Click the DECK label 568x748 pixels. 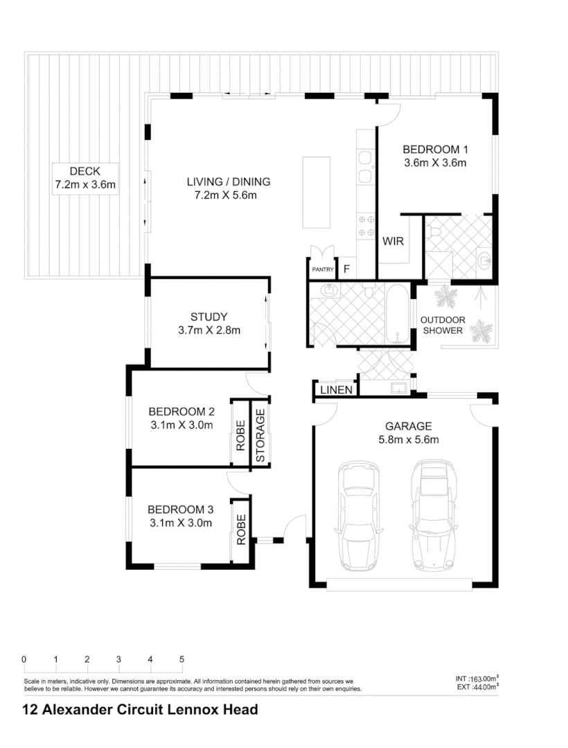[x=85, y=172]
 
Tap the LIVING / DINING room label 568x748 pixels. [x=228, y=182]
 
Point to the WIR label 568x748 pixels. [x=393, y=242]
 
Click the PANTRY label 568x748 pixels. [x=323, y=269]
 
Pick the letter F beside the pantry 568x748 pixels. [x=347, y=269]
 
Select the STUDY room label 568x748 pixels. [x=208, y=317]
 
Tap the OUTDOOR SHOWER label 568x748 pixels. [x=442, y=326]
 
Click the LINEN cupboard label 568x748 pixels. [x=336, y=391]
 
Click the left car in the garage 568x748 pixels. [x=358, y=516]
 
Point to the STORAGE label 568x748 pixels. [x=260, y=436]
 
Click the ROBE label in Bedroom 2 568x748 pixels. [x=240, y=436]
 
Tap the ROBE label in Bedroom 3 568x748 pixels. [x=240, y=529]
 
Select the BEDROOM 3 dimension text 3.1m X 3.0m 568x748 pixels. [x=181, y=523]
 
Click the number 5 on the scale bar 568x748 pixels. [x=181, y=659]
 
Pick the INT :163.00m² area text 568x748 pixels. [x=473, y=679]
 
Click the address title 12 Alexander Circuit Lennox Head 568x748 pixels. [x=141, y=709]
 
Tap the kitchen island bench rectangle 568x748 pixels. [x=317, y=193]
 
